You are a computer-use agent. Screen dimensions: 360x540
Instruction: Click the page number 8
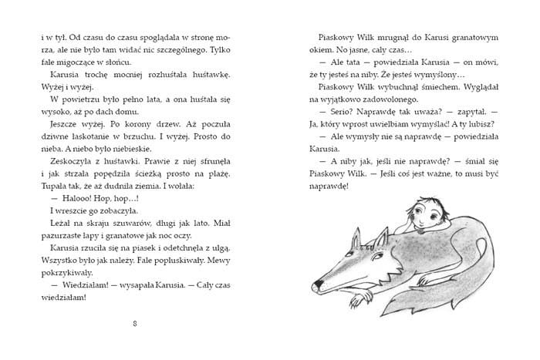[135, 322]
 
